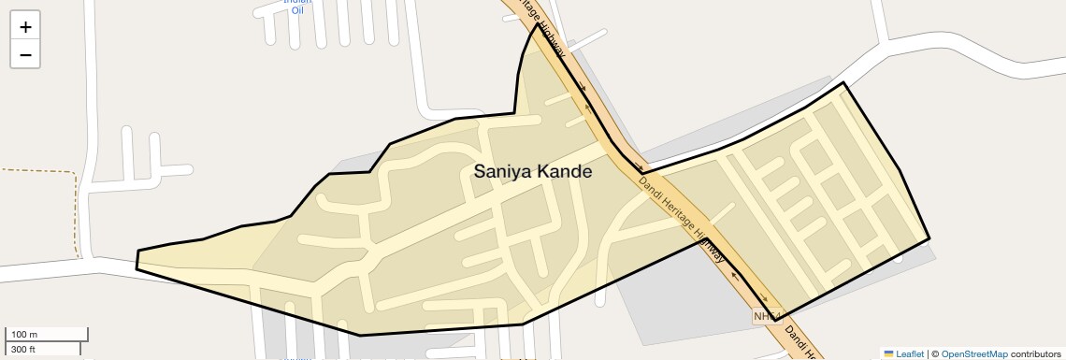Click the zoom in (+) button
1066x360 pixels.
(x=25, y=27)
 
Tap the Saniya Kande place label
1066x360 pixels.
(x=532, y=172)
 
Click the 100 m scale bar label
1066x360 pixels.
(x=25, y=335)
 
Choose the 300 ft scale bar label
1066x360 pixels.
(x=23, y=349)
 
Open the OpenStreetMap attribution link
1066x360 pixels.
(x=974, y=353)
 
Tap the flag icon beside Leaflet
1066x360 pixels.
(x=888, y=353)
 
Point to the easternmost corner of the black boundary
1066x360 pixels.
(x=929, y=238)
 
